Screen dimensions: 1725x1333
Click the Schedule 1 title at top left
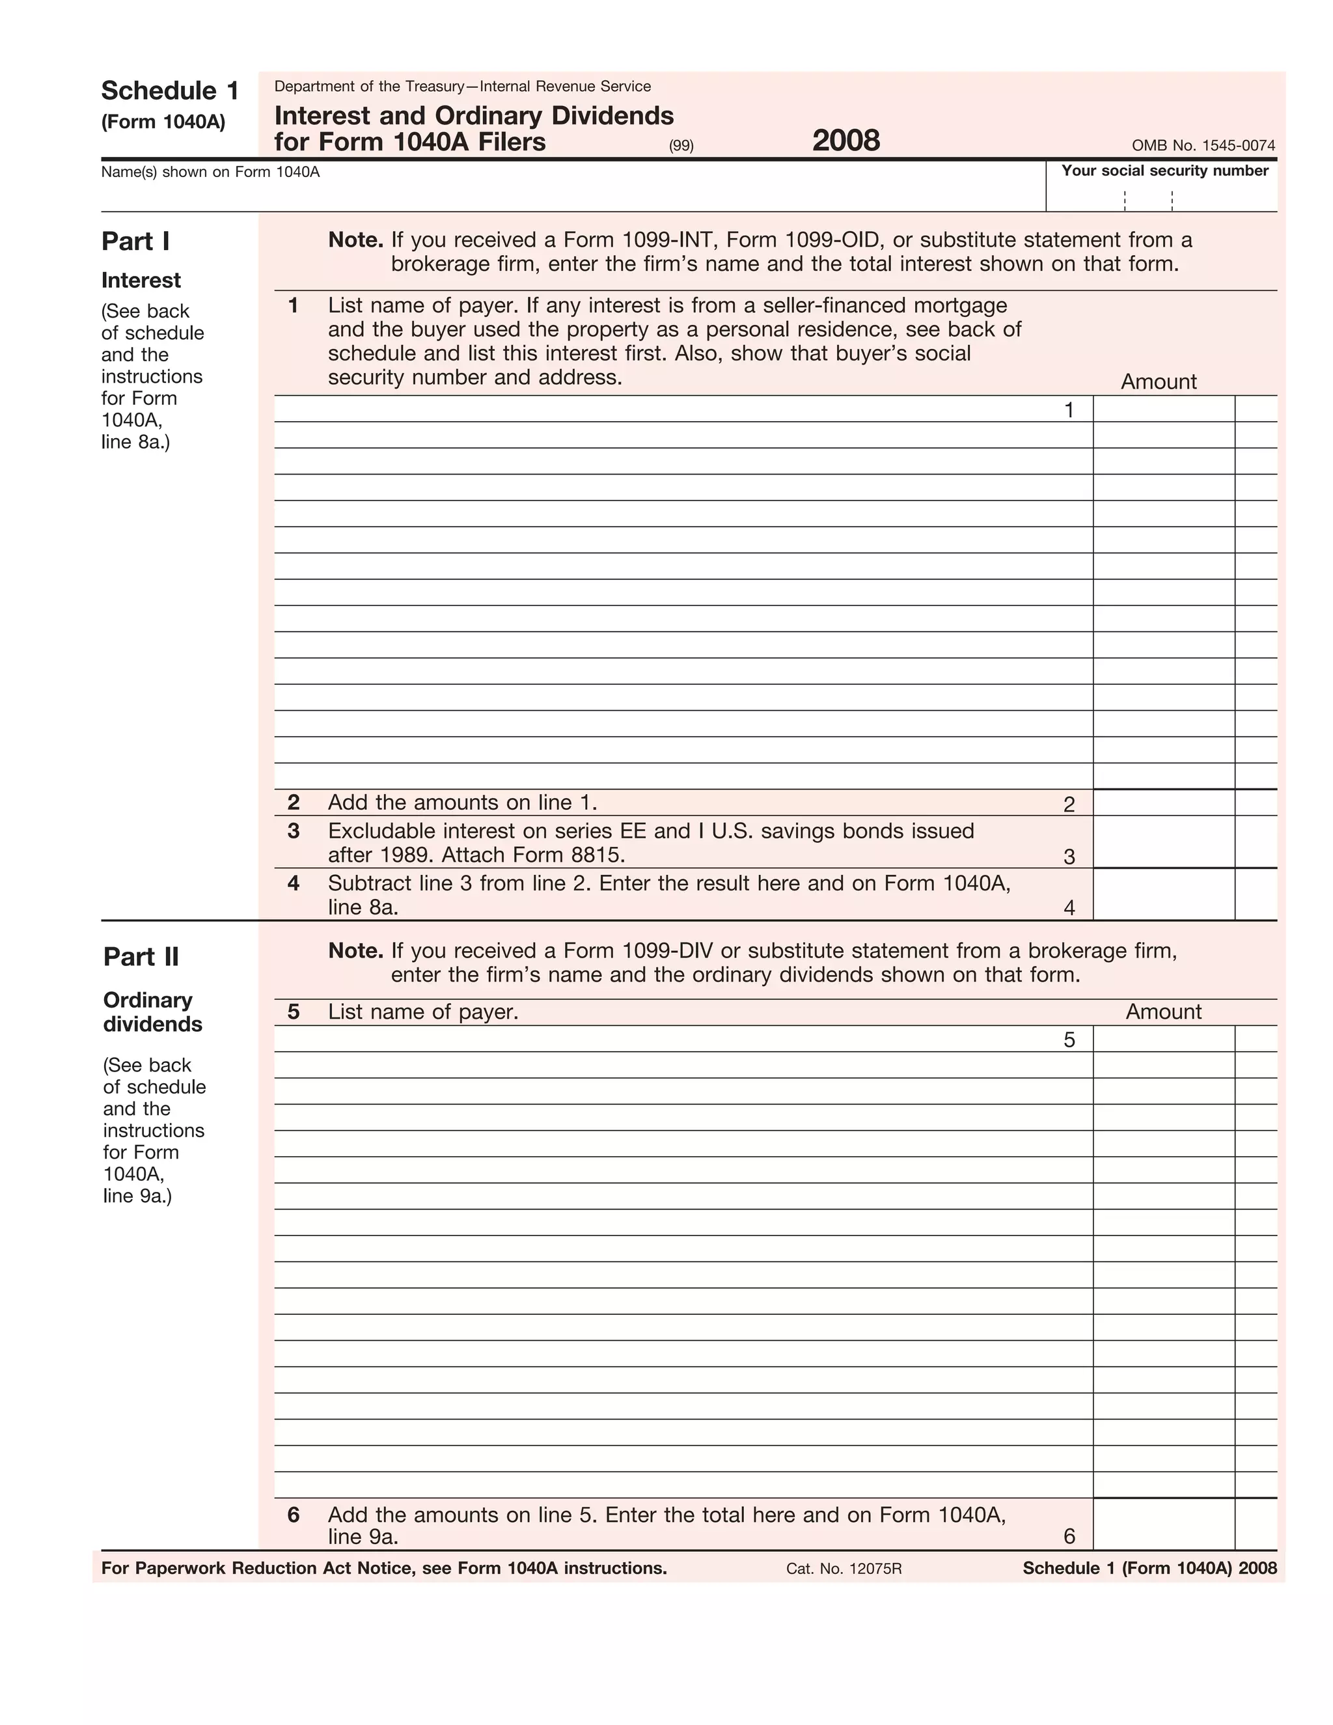click(170, 91)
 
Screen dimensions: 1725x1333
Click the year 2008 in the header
click(845, 141)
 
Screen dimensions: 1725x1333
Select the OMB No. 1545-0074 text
click(1203, 145)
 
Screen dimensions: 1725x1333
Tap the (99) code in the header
click(681, 145)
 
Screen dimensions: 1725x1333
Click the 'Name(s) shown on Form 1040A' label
click(210, 172)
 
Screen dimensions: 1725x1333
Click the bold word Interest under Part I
click(141, 281)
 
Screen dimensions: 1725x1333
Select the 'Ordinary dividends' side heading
click(152, 1012)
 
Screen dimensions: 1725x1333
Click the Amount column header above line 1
click(1158, 381)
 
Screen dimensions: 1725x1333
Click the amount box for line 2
click(1163, 803)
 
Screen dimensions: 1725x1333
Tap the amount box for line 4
click(1163, 895)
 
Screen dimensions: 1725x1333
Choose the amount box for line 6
click(1163, 1524)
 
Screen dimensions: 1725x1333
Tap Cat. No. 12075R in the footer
click(844, 1569)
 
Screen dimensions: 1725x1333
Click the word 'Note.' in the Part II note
click(355, 950)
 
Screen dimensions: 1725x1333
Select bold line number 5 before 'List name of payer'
click(294, 1012)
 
